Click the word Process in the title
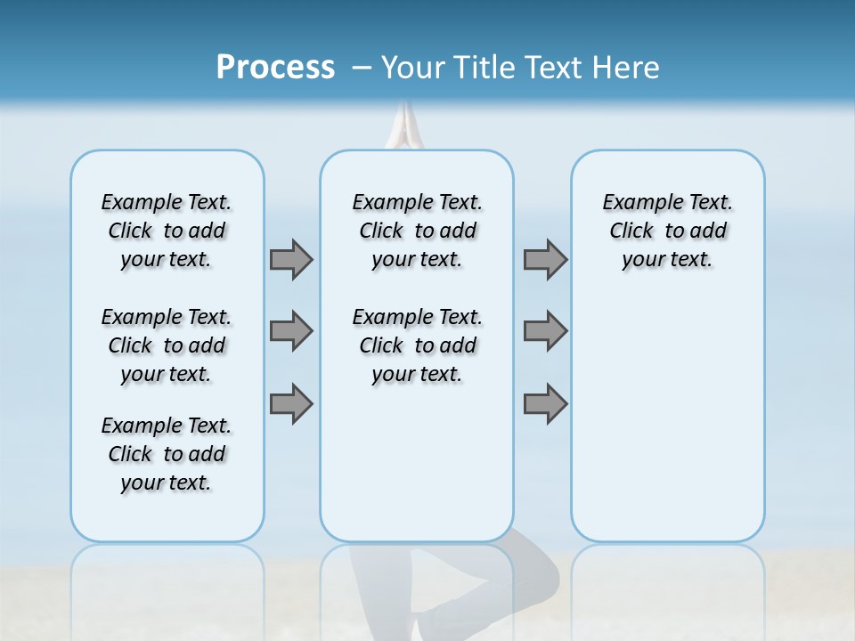click(275, 68)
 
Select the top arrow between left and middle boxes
click(291, 259)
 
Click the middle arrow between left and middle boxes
click(291, 331)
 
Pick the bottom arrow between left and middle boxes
click(291, 403)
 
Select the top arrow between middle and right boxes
click(545, 259)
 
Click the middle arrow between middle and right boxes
click(545, 331)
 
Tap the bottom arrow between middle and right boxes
click(545, 403)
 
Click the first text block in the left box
click(167, 231)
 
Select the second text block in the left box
click(167, 345)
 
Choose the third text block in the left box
click(167, 454)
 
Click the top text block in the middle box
click(417, 231)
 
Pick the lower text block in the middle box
click(417, 345)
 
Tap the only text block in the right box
click(667, 231)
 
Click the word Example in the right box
click(636, 202)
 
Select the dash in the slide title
click(362, 68)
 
